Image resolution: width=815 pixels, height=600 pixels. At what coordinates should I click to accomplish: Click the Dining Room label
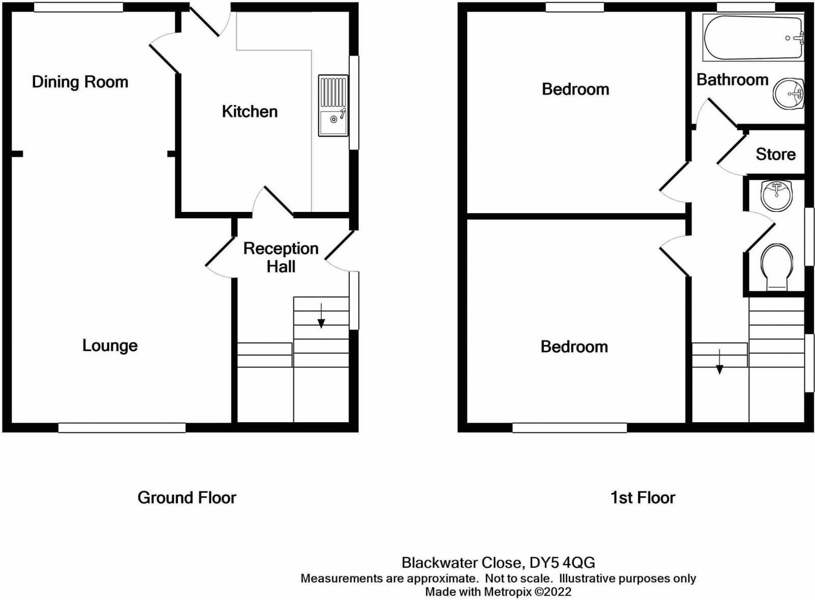click(x=80, y=82)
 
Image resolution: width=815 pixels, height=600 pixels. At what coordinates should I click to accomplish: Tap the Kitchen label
click(x=250, y=112)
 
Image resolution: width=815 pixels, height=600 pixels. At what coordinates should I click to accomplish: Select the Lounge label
click(x=110, y=345)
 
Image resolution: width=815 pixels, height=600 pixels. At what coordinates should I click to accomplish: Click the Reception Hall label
click(x=281, y=257)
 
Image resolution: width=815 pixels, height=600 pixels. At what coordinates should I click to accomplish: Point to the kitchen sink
click(x=333, y=106)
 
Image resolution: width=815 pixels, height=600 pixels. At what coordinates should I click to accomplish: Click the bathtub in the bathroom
click(x=753, y=38)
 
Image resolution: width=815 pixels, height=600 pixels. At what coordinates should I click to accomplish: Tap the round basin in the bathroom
click(x=787, y=94)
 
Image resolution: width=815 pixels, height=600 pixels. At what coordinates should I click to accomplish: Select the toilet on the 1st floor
click(x=777, y=267)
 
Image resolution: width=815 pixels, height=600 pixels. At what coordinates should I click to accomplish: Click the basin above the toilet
click(x=777, y=195)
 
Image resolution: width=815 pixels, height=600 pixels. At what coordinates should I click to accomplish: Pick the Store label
click(x=775, y=154)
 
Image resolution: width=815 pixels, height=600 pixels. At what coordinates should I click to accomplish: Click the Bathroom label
click(x=732, y=80)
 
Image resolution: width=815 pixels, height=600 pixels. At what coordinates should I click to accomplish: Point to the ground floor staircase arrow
click(x=321, y=316)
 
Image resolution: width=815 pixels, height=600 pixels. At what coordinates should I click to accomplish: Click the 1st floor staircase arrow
click(x=719, y=362)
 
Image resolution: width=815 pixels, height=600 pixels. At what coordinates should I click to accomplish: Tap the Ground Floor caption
click(x=187, y=498)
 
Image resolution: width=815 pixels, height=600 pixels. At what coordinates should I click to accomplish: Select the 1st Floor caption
click(x=643, y=498)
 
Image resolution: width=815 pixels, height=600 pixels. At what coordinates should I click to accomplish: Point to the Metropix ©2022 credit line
click(x=498, y=592)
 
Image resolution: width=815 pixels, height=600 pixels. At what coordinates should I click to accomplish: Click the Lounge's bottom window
click(x=122, y=428)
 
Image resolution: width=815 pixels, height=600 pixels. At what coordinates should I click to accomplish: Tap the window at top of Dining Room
click(x=79, y=7)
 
